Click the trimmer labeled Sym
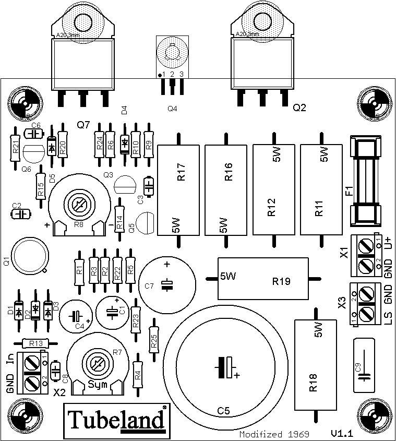[x=96, y=364]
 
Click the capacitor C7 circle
[x=167, y=283]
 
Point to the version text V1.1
[x=342, y=433]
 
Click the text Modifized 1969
[x=274, y=434]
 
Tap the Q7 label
[x=83, y=125]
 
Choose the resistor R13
[x=37, y=343]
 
